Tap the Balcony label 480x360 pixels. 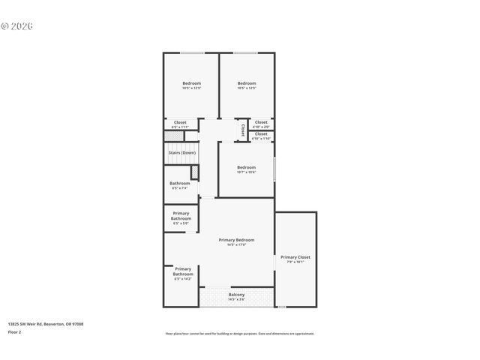(x=236, y=294)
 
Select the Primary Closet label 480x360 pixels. (x=295, y=256)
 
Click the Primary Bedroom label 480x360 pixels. (x=236, y=239)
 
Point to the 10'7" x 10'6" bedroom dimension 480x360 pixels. (x=246, y=172)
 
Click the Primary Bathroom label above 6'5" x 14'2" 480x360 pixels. (x=183, y=271)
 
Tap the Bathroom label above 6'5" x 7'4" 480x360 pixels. (x=179, y=183)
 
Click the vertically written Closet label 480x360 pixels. (x=242, y=130)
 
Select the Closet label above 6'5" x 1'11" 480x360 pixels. (x=180, y=122)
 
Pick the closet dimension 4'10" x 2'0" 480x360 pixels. (x=261, y=127)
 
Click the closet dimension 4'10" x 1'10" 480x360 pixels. (x=261, y=139)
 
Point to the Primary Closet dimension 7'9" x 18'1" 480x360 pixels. (x=295, y=262)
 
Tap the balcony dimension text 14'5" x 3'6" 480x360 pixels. (x=236, y=299)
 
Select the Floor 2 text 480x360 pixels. (x=15, y=331)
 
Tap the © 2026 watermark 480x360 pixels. (x=18, y=26)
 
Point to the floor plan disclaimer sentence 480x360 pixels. (x=239, y=334)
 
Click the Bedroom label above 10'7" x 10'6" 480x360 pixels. (x=246, y=167)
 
